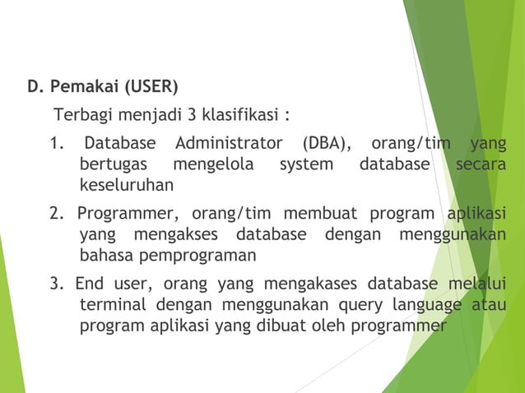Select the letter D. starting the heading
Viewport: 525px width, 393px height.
[35, 86]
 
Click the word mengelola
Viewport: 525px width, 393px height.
[213, 164]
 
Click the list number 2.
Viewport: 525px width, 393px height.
[55, 215]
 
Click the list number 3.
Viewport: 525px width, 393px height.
[55, 285]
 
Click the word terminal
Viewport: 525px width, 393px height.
[114, 306]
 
